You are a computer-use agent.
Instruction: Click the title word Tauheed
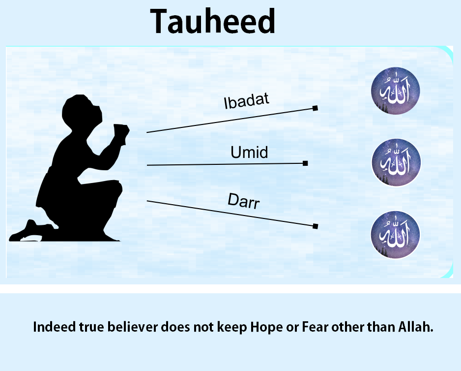(213, 21)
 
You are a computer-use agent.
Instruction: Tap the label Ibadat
(246, 101)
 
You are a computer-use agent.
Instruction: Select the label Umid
(249, 152)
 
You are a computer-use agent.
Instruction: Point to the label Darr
(244, 201)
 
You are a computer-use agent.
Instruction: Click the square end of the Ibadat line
(315, 108)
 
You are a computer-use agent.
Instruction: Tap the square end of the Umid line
(305, 163)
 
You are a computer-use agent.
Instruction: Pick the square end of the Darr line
(315, 226)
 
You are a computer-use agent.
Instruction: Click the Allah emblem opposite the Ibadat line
(396, 91)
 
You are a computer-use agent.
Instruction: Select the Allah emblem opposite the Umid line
(396, 162)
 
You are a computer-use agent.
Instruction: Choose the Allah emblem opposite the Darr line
(396, 235)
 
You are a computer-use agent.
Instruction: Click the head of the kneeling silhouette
(81, 110)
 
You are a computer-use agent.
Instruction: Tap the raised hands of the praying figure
(121, 134)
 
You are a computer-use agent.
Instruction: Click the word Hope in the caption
(266, 327)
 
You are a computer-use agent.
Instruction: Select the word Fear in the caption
(315, 327)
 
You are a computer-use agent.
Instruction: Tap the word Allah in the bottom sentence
(416, 327)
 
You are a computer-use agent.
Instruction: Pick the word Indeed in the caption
(54, 327)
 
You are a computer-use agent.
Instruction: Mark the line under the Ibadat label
(231, 121)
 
